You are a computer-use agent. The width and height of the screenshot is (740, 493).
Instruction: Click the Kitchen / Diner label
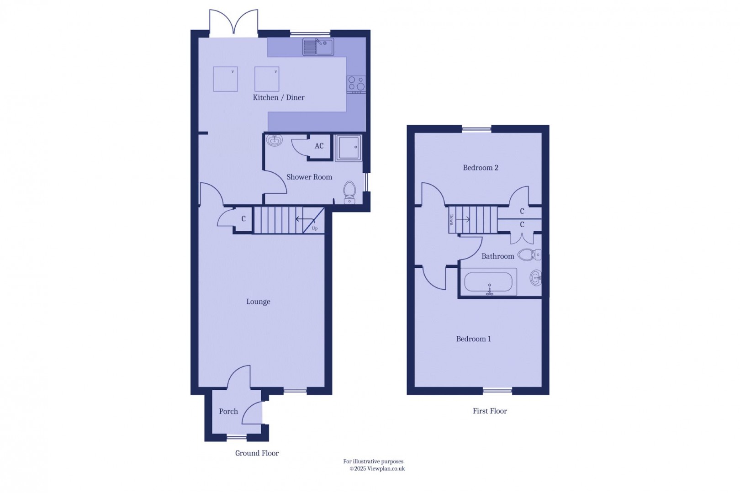coord(279,97)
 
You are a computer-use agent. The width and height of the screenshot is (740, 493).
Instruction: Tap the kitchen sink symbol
coord(318,47)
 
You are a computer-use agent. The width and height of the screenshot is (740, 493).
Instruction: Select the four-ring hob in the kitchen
coord(356,84)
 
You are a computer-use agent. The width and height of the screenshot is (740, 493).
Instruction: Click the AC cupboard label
coord(319,146)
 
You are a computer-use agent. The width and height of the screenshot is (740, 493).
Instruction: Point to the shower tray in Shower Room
coord(349,148)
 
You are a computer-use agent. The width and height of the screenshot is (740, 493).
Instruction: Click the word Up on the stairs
coord(315,228)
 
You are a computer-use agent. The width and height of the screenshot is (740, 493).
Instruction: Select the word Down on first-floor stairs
coord(451,219)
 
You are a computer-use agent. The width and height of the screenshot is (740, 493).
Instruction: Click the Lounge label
coord(258,302)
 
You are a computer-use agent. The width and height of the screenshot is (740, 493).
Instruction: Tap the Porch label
coord(228,411)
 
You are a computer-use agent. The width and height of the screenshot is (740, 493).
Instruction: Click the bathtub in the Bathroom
coord(489,282)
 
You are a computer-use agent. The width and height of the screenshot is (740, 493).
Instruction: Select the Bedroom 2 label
coord(481,168)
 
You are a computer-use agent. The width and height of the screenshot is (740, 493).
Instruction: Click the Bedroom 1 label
coord(473,339)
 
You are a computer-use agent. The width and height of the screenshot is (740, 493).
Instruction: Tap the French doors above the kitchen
coord(233,22)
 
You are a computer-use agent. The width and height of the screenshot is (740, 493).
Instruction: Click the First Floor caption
coord(490,411)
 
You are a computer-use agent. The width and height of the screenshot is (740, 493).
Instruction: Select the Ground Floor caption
coord(257,453)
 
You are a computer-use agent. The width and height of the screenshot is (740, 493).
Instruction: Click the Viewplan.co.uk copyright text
coord(377,469)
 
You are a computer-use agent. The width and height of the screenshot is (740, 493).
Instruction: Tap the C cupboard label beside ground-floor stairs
coord(243,219)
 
